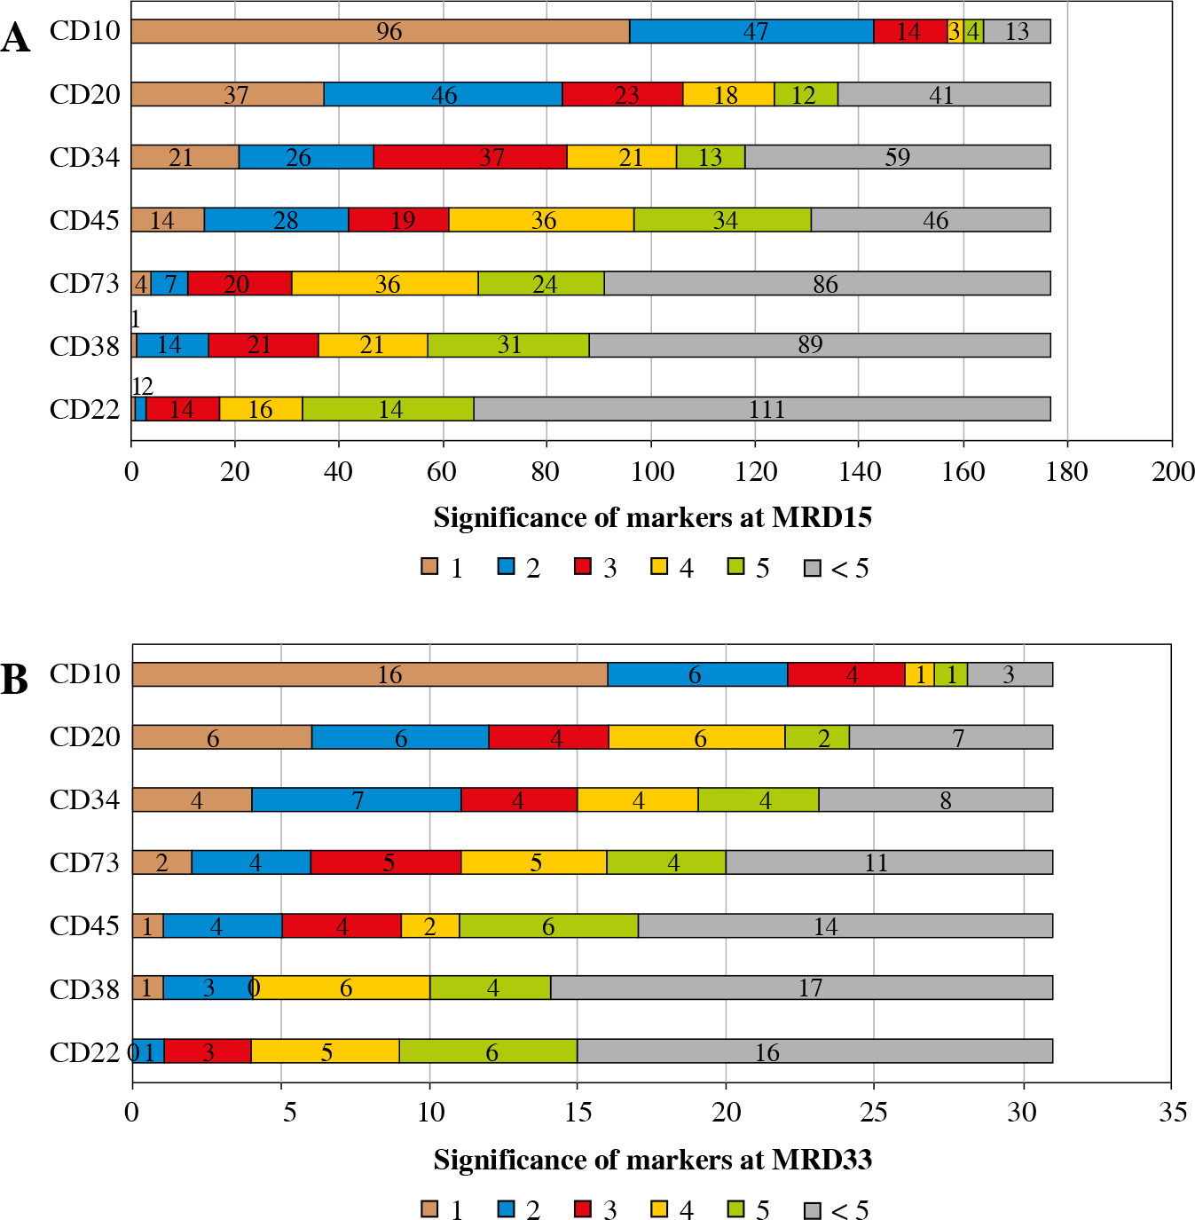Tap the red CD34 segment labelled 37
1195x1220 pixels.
click(470, 157)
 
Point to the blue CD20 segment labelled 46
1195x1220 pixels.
click(443, 94)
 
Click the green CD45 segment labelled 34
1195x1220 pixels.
click(722, 220)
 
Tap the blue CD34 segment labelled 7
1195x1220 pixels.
click(357, 799)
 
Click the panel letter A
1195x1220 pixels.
click(15, 39)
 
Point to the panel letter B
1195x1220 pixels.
click(15, 680)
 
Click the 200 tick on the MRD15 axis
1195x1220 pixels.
click(1173, 472)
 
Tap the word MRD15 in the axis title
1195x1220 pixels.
click(822, 518)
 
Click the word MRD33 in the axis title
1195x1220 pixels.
click(822, 1160)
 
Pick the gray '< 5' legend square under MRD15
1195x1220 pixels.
click(812, 567)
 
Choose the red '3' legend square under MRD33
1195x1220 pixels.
click(583, 1208)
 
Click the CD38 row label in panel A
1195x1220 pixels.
click(84, 346)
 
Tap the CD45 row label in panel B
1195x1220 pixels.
click(84, 925)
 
